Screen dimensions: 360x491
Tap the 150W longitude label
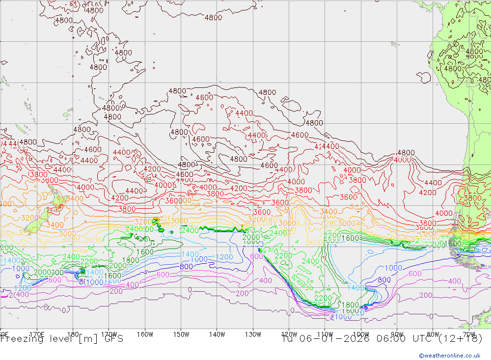click(x=181, y=334)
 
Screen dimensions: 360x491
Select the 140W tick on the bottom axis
click(x=217, y=334)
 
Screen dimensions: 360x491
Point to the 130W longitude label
click(x=253, y=334)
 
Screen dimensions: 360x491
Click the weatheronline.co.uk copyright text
click(x=449, y=356)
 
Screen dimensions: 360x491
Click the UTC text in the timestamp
click(x=412, y=338)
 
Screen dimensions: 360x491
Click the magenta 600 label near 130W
click(x=256, y=256)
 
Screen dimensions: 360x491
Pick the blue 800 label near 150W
click(x=186, y=267)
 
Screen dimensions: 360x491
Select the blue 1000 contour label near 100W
click(x=393, y=268)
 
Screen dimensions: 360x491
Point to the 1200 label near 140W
click(x=224, y=257)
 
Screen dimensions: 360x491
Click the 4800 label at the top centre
click(x=213, y=18)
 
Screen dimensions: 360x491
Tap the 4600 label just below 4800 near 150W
click(x=204, y=97)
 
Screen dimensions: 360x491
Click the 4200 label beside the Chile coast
click(x=427, y=193)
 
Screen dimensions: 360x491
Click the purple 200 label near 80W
click(x=426, y=295)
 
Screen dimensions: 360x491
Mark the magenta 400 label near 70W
click(x=455, y=281)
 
